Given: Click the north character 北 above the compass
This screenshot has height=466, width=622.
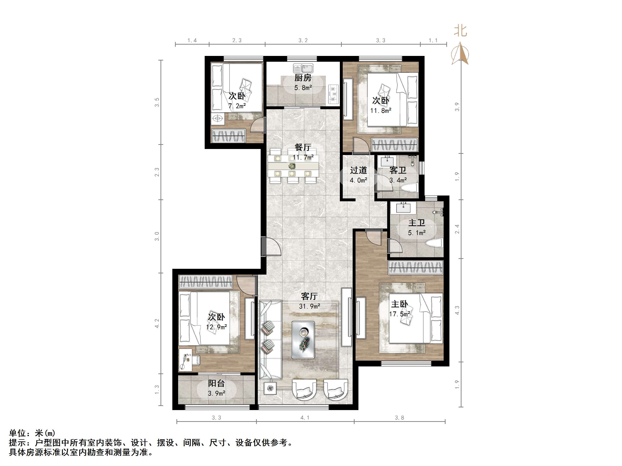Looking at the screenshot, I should coord(460,31).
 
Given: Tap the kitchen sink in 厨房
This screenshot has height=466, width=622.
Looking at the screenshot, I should coord(303,68).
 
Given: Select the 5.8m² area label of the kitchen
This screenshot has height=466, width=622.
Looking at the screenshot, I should coord(303,88).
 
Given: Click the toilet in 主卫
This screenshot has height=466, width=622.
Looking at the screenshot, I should coord(434,243).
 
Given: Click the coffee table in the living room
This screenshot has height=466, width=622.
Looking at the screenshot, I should coord(303,340).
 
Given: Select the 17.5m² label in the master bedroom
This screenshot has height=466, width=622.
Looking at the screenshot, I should coord(399,314).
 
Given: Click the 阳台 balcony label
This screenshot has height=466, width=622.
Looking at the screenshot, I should coord(216,383).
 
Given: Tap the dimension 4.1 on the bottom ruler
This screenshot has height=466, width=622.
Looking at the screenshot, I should coord(305,418).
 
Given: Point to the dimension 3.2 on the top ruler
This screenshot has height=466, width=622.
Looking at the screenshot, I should coord(303,41).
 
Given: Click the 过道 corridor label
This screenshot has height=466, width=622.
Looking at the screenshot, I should coord(358,170).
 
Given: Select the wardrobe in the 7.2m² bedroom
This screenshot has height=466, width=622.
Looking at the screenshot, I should coord(228,136).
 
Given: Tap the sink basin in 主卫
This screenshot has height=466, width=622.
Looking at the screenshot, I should coord(404,208).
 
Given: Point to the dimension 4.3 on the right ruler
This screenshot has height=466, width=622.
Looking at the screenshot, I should coord(457,310).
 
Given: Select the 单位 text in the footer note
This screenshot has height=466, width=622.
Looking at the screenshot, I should coord(17,433).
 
